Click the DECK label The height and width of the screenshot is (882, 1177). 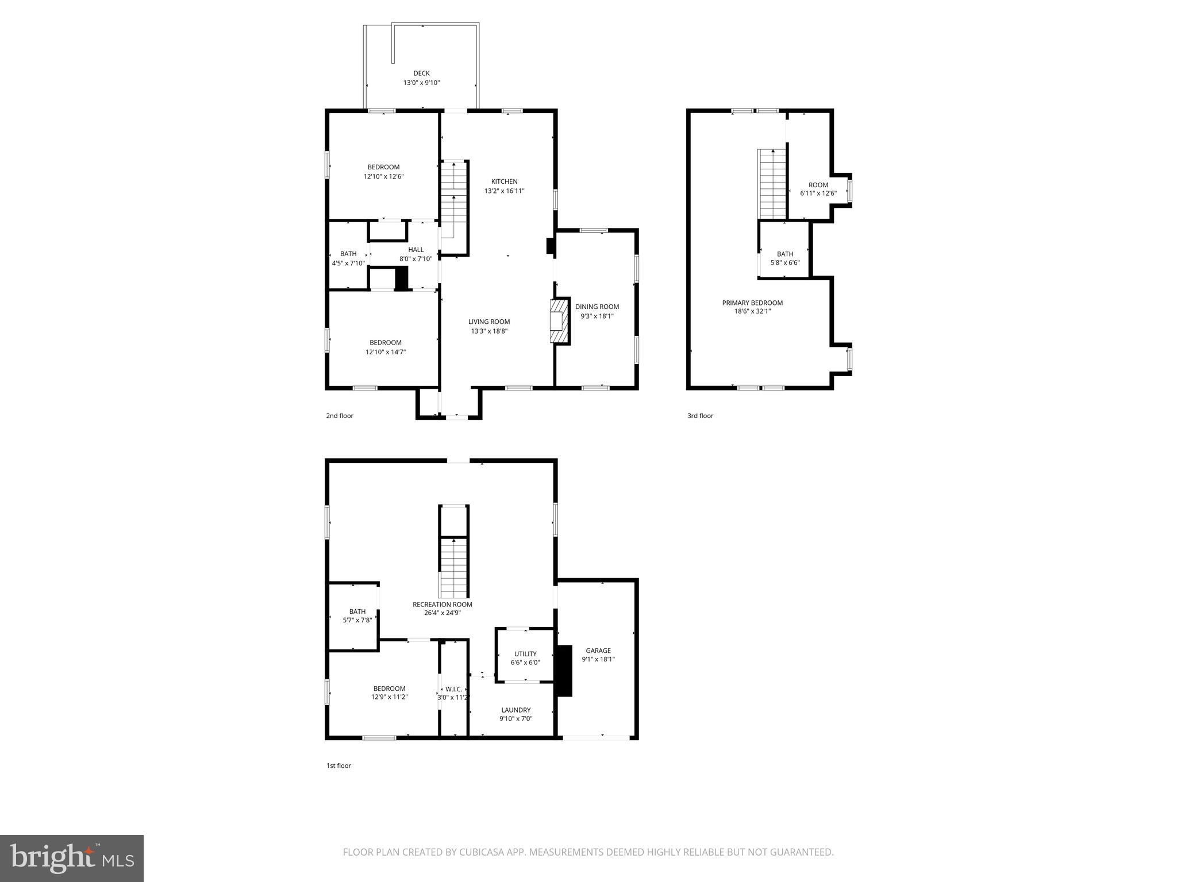tap(421, 73)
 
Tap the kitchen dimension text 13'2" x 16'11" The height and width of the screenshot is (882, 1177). tap(504, 191)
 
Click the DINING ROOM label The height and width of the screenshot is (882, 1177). tap(597, 307)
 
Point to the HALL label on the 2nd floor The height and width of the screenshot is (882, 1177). tap(416, 250)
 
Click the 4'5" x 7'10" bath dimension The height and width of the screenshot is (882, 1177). tap(348, 264)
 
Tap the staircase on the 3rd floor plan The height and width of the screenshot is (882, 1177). tap(772, 184)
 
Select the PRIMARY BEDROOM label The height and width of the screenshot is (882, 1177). tap(752, 303)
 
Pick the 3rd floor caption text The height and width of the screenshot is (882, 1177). tap(700, 416)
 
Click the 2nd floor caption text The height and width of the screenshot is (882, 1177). tap(340, 416)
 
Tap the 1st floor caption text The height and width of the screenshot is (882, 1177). tap(338, 765)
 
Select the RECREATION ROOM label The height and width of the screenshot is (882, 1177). tap(442, 604)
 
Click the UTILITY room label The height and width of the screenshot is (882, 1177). tap(525, 653)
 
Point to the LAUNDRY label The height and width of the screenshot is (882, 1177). tap(516, 710)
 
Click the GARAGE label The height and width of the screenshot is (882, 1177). tap(598, 651)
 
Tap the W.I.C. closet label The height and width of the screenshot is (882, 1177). tap(453, 689)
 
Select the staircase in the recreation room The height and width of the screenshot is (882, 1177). tap(455, 567)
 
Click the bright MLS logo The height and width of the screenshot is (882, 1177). tap(72, 858)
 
